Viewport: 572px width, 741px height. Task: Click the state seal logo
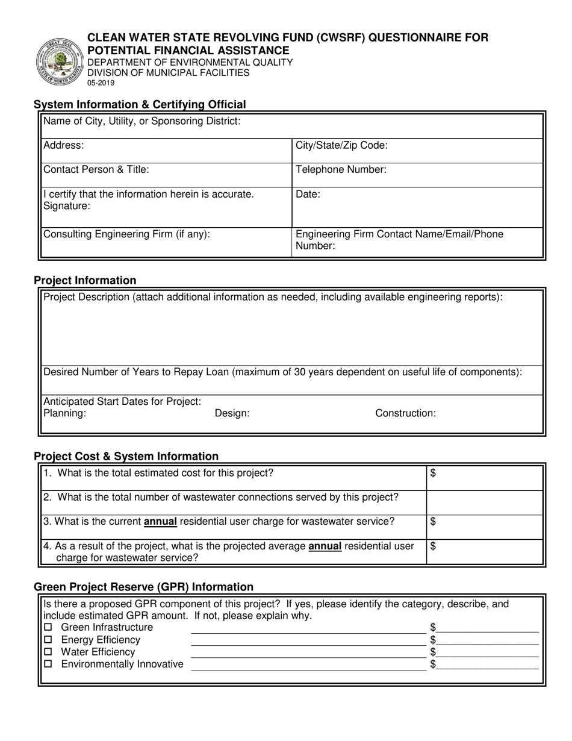tap(60, 61)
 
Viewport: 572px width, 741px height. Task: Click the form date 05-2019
tap(101, 83)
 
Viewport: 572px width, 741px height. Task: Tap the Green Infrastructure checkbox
tap(49, 628)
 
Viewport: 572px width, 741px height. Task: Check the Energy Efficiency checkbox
tap(49, 640)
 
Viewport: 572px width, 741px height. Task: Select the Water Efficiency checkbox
tap(49, 652)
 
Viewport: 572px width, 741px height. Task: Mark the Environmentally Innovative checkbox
tap(49, 664)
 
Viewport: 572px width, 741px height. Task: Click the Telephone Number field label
tap(341, 170)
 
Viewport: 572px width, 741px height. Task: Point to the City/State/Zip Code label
tap(341, 145)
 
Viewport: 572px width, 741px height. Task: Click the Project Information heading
tap(85, 280)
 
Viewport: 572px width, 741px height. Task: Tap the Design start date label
tap(232, 413)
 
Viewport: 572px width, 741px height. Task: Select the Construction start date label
tap(405, 413)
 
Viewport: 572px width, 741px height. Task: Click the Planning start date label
tap(65, 413)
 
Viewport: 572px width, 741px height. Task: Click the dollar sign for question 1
tap(433, 474)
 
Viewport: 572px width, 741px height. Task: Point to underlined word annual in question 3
tap(160, 521)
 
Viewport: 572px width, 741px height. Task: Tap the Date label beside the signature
tap(308, 195)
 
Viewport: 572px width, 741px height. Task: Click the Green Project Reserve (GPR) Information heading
tap(143, 587)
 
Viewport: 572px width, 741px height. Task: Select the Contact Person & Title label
tap(96, 170)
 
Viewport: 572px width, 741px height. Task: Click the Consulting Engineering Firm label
tap(127, 234)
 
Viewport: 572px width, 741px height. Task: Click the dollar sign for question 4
tap(433, 546)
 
